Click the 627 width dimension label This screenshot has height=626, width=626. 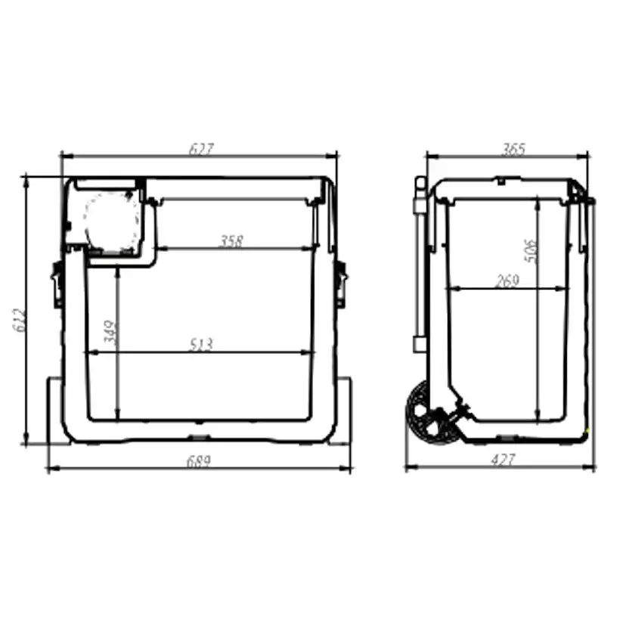click(200, 149)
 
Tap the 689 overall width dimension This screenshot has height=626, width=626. click(200, 460)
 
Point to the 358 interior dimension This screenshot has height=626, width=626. click(231, 241)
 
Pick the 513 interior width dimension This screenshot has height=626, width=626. click(200, 345)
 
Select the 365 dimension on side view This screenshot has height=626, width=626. click(513, 149)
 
